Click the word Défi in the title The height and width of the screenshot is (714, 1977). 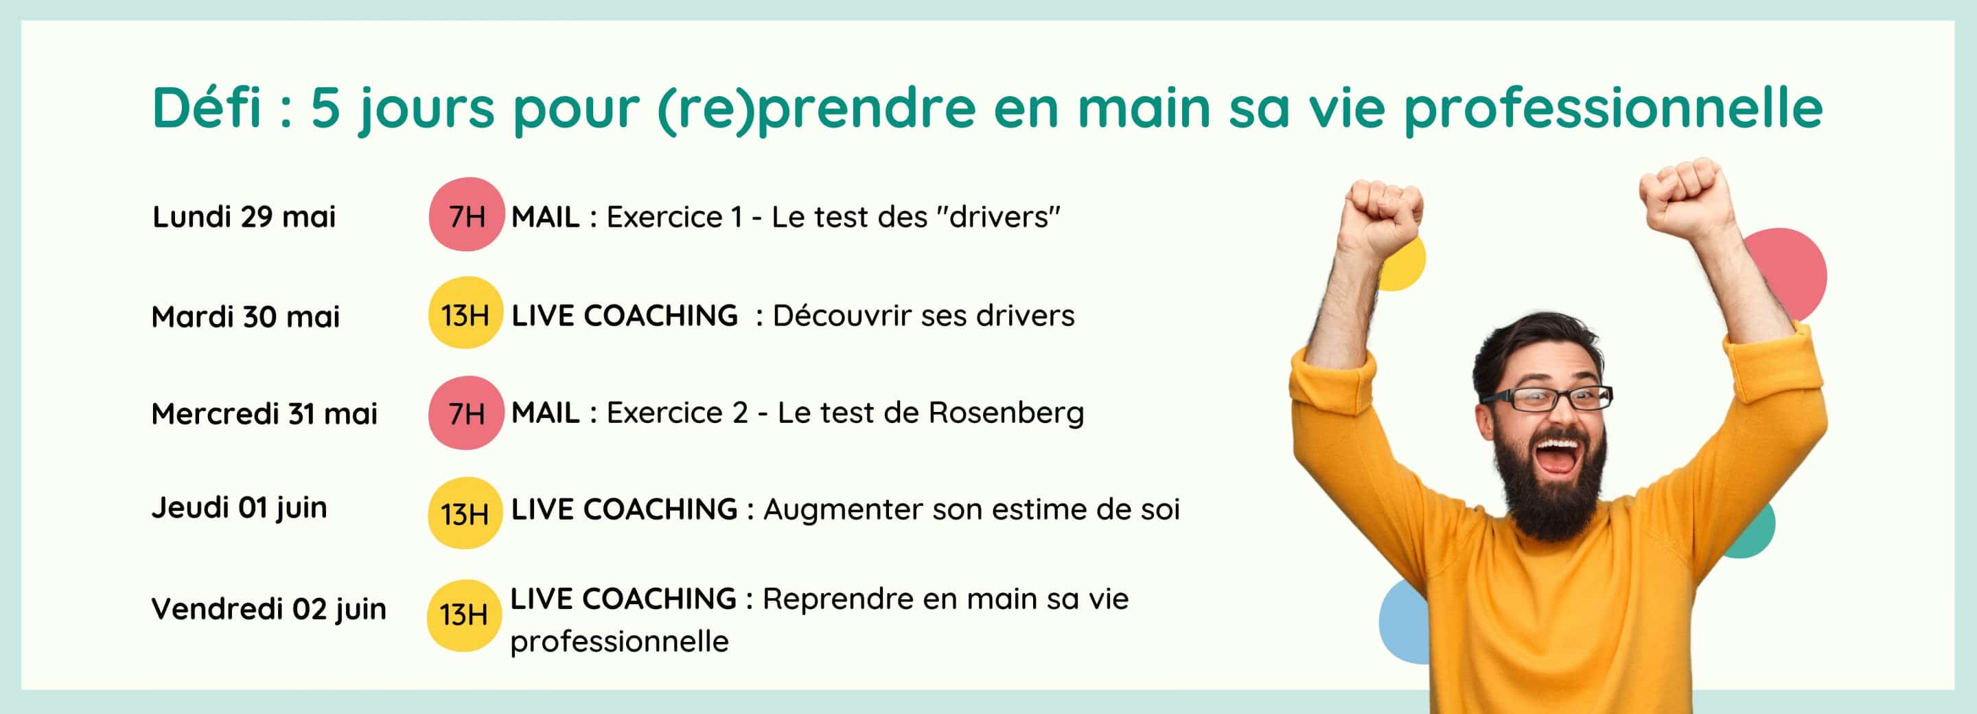(x=207, y=108)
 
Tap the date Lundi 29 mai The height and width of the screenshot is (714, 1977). (x=244, y=216)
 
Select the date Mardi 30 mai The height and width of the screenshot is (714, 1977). (x=246, y=316)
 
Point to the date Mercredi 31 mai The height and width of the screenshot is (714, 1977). (x=265, y=414)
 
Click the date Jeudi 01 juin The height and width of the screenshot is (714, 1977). (x=240, y=508)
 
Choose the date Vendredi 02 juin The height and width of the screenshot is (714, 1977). (x=268, y=610)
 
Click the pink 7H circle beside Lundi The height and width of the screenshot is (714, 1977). (x=466, y=214)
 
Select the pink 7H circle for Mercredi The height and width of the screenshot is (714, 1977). (x=466, y=413)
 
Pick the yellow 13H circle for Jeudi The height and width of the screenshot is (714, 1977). (x=464, y=513)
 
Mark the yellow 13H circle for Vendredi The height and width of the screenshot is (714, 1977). (x=463, y=615)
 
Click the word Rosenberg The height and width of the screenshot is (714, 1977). (x=1006, y=413)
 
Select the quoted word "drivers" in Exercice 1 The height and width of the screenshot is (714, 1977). (x=999, y=216)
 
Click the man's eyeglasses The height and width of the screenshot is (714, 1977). (x=1547, y=398)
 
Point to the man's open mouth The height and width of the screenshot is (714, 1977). (x=1555, y=456)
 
